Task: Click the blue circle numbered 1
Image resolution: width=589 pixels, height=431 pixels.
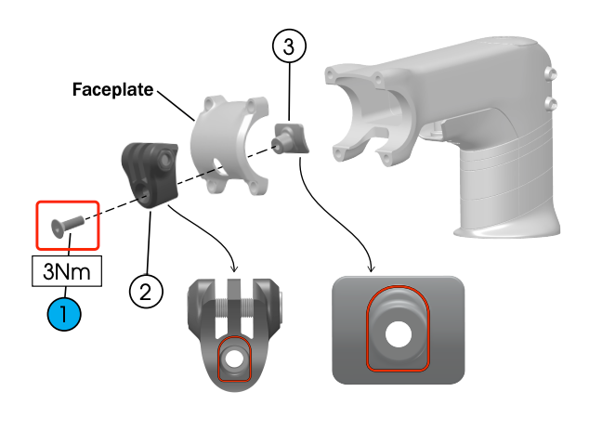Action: point(64,314)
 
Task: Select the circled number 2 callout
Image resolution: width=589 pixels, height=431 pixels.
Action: point(146,292)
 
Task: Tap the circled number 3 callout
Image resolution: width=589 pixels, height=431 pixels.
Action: point(289,46)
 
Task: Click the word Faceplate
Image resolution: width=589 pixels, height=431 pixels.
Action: point(112,90)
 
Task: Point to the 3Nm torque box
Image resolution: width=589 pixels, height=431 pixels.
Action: point(67,271)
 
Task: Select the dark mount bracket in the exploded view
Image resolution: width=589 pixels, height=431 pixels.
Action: point(150,175)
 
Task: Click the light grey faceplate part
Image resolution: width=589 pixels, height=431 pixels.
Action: point(229,146)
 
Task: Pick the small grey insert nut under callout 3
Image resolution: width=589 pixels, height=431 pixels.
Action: point(292,138)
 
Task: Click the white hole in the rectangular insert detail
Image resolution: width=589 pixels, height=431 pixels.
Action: point(399,333)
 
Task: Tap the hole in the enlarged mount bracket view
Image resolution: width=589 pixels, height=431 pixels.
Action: point(234,359)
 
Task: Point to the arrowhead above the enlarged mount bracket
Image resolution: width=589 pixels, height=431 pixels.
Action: point(234,268)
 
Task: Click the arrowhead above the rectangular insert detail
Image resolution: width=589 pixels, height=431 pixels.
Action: point(371,268)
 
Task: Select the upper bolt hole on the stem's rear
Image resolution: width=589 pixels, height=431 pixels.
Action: point(551,72)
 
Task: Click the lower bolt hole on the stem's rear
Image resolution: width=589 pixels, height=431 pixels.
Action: point(551,104)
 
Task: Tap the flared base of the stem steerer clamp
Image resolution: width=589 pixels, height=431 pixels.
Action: point(508,229)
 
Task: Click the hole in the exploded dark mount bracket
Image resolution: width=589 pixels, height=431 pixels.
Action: point(144,191)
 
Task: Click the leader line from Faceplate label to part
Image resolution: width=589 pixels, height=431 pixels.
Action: point(176,106)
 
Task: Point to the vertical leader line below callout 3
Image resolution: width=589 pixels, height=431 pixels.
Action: point(289,92)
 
